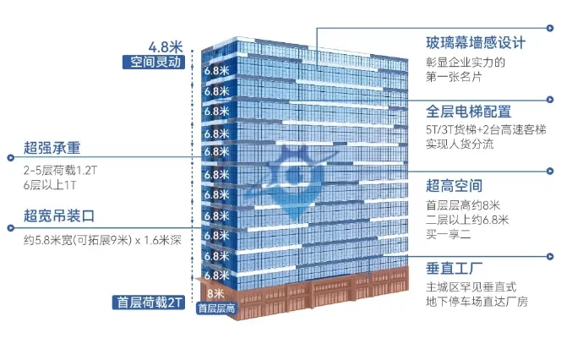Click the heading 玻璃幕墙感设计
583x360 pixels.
(477, 42)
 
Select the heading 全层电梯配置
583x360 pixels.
(469, 112)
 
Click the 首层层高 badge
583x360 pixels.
(215, 308)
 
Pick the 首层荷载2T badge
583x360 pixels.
(148, 302)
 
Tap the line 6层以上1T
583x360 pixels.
(48, 183)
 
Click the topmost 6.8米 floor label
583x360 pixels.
(217, 71)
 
